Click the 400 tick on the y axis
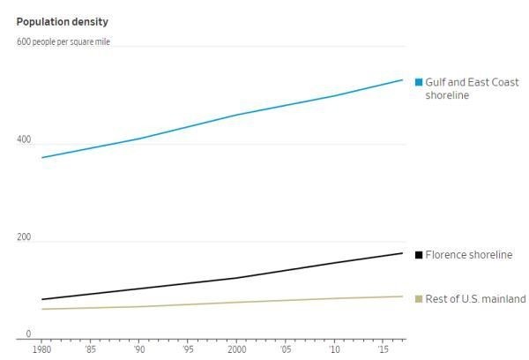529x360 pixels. [23, 140]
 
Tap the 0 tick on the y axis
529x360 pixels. [27, 334]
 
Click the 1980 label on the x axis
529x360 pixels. [42, 350]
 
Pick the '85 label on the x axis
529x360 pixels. [91, 350]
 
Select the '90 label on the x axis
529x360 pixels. [139, 350]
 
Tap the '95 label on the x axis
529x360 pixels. [188, 350]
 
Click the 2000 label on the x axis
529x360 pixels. [236, 350]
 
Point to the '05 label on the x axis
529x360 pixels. [286, 350]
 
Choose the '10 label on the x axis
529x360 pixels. [334, 350]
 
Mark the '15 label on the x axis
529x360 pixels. [383, 350]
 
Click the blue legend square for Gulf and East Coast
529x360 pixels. [419, 82]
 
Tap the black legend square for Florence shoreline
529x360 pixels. [419, 255]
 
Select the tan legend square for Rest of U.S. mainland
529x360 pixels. [419, 299]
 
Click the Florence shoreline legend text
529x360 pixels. [468, 255]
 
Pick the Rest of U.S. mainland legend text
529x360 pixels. [475, 299]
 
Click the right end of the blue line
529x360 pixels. [403, 80]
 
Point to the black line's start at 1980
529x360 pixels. [42, 299]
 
